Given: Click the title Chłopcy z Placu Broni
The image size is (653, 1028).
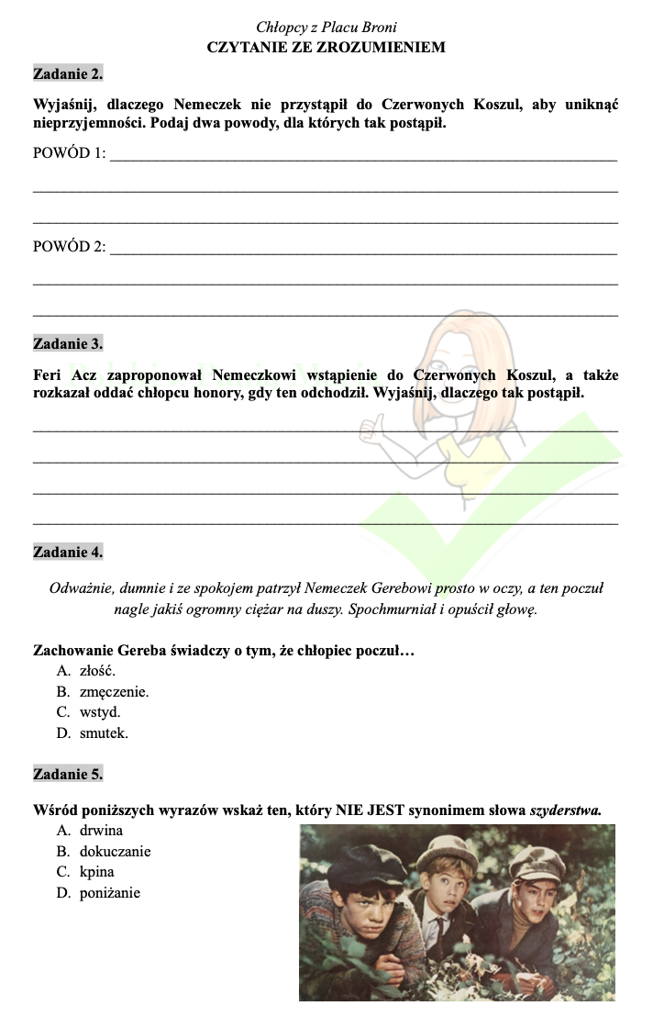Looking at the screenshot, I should (326, 28).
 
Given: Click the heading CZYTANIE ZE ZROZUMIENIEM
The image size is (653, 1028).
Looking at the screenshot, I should (326, 47).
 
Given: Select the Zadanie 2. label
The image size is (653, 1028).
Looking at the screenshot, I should (68, 73).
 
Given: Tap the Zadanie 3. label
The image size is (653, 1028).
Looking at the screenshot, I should (68, 344).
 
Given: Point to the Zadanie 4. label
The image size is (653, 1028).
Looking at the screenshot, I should (68, 553).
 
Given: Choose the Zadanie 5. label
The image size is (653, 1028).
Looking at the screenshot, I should (68, 775).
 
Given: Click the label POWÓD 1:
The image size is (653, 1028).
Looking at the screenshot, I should (69, 153).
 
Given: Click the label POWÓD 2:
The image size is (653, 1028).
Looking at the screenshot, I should (69, 247).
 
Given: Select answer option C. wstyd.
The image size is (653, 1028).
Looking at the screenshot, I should (89, 712).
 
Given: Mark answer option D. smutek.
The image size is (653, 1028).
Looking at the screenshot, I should (93, 733).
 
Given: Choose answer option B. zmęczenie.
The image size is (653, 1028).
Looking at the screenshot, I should (103, 691).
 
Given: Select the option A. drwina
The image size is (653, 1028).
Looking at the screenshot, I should (90, 831).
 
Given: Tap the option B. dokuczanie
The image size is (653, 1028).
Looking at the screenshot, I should (104, 852).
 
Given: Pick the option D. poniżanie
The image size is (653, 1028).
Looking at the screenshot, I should (98, 892).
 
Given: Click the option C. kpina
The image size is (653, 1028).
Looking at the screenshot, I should (85, 872).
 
